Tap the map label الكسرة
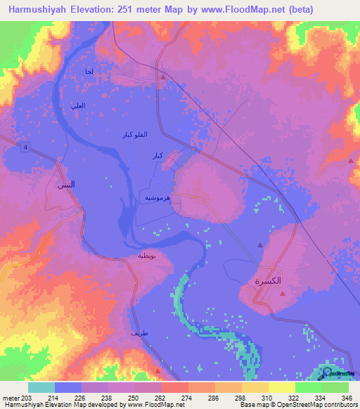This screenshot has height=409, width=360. click(x=267, y=280)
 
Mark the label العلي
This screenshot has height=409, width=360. click(x=79, y=106)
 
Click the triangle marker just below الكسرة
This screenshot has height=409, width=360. click(x=283, y=294)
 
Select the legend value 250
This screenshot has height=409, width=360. click(x=132, y=398)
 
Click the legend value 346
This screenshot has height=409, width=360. click(x=346, y=398)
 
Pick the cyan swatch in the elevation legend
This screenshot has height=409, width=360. click(x=41, y=387)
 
